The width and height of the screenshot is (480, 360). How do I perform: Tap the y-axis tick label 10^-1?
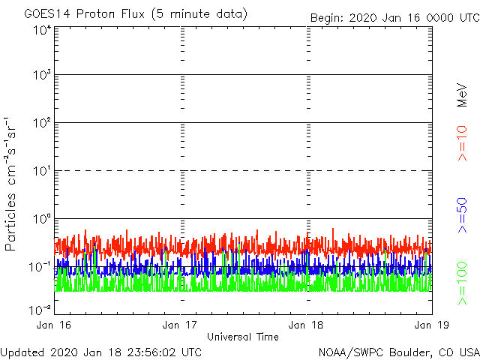[40, 266]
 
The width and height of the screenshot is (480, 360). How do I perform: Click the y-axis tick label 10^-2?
[40, 309]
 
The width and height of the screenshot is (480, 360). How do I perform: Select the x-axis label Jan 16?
[55, 325]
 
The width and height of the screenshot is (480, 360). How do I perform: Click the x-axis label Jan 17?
[181, 325]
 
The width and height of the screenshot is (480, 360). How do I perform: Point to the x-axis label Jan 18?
[307, 325]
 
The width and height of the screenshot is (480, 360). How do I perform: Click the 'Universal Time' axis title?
[243, 337]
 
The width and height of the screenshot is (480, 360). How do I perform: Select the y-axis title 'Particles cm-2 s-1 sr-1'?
[12, 184]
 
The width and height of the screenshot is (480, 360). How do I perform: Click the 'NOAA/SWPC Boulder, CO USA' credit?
[398, 352]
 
